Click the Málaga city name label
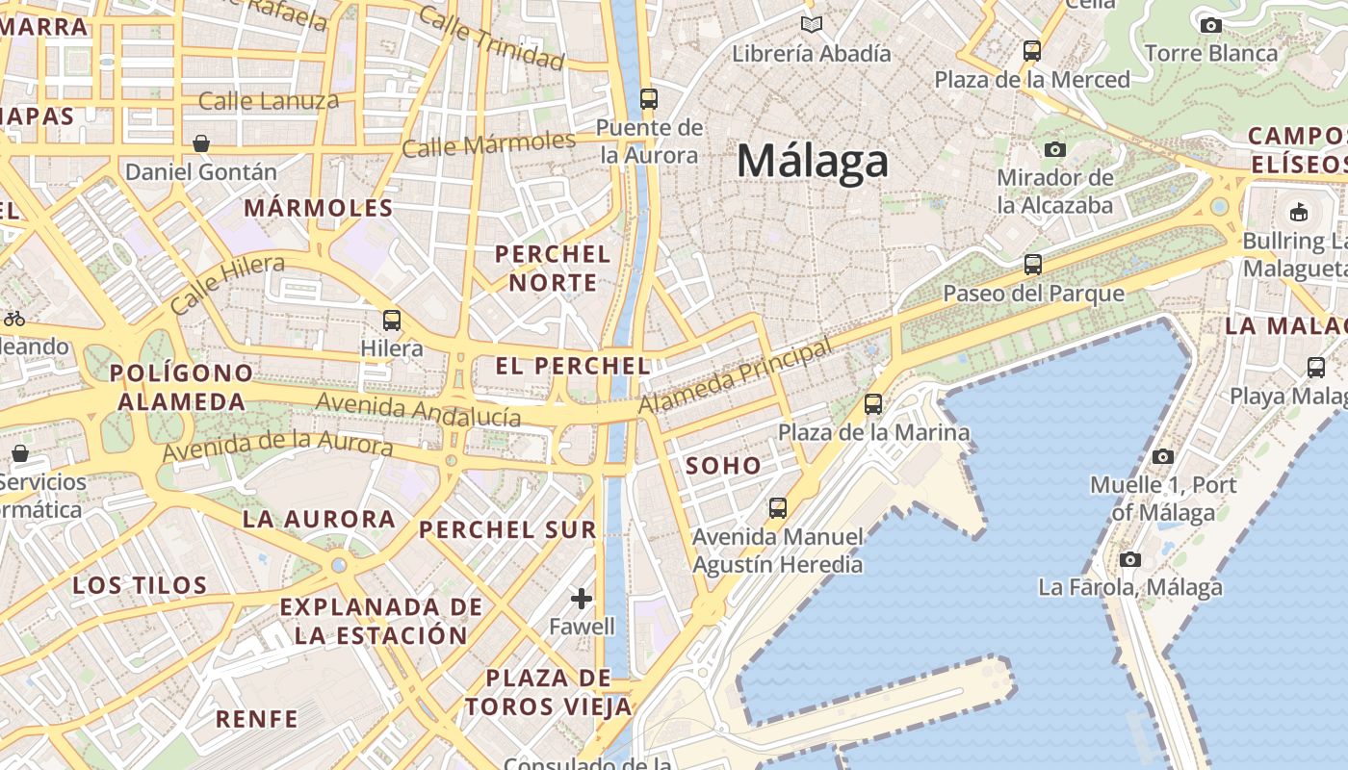(812, 161)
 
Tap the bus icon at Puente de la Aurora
(648, 98)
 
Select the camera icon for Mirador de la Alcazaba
(1055, 149)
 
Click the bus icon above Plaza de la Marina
(873, 404)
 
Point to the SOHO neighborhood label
(723, 466)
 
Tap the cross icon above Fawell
(582, 599)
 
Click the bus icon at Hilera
(391, 320)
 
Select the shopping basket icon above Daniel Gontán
(201, 143)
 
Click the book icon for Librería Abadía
(812, 25)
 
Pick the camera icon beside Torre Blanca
(1211, 25)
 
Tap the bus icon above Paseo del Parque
(1033, 264)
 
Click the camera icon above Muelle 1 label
(1163, 456)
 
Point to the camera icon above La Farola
(1130, 559)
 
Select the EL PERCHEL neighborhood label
(573, 366)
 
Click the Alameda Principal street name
(735, 375)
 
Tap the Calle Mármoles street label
(488, 144)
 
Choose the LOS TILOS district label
(141, 585)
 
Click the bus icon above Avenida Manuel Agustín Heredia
(777, 507)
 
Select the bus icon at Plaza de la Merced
(1032, 50)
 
